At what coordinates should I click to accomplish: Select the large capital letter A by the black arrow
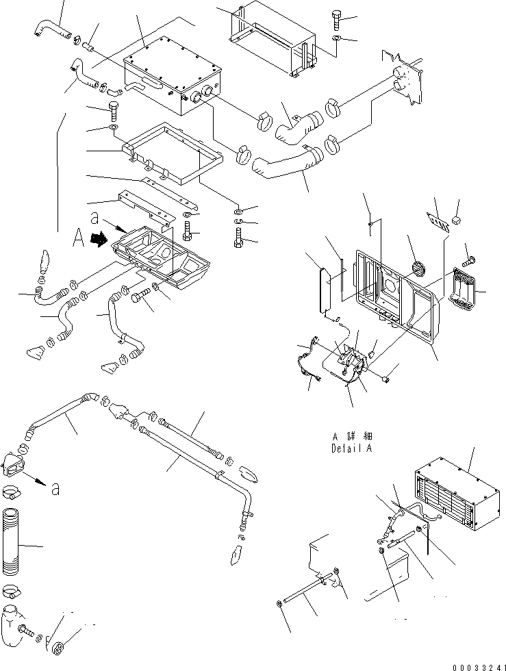[x=79, y=240]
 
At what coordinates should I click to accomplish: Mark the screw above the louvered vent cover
[x=470, y=259]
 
